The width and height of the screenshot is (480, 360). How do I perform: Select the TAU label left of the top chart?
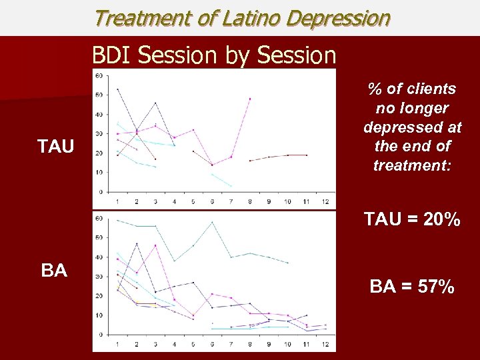pyautogui.click(x=55, y=146)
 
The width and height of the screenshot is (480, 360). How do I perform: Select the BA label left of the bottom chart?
pyautogui.click(x=54, y=271)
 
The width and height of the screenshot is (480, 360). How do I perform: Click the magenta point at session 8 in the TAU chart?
pyautogui.click(x=250, y=99)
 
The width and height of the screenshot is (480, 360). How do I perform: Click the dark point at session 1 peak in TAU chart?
pyautogui.click(x=118, y=89)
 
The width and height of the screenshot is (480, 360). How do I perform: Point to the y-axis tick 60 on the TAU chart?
pyautogui.click(x=99, y=75)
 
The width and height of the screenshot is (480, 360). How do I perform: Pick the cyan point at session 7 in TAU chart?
pyautogui.click(x=231, y=185)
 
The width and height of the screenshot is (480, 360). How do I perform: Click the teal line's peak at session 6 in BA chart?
pyautogui.click(x=212, y=222)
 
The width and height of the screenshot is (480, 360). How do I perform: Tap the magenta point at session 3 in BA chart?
pyautogui.click(x=155, y=245)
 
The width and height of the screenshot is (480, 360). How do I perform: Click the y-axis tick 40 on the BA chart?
pyautogui.click(x=99, y=257)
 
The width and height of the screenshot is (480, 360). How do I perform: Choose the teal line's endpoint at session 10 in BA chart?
pyautogui.click(x=288, y=263)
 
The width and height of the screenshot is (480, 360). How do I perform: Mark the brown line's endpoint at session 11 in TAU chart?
pyautogui.click(x=307, y=155)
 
